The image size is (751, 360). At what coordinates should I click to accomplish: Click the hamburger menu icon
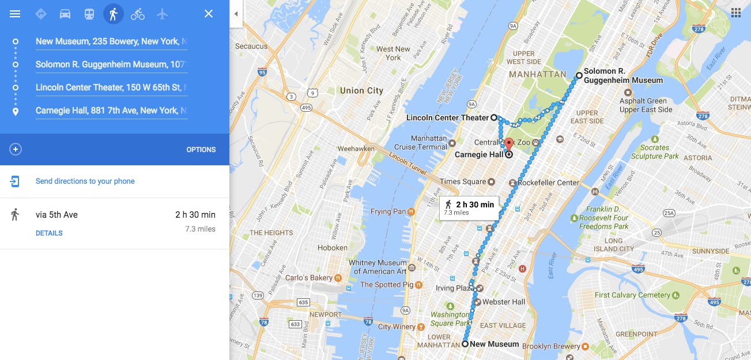pos(15,14)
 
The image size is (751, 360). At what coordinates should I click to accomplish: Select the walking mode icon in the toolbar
pos(113,14)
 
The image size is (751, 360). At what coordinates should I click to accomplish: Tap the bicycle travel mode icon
pos(138,14)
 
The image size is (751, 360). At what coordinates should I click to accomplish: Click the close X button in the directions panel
pos(209,14)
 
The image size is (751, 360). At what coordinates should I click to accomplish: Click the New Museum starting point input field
pos(111,41)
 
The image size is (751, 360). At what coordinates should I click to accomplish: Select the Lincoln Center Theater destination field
pos(111,88)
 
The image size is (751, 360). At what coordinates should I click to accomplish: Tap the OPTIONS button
pos(201,150)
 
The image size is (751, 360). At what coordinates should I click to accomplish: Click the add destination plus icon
pos(16,150)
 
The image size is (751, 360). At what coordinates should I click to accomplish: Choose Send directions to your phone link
pos(85,181)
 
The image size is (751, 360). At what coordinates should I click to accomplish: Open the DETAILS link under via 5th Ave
pos(49,233)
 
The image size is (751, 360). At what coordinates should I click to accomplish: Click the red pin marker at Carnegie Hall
pos(508,144)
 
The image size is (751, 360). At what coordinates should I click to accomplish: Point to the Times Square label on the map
pos(463,182)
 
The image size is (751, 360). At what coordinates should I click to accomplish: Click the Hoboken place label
pos(333,248)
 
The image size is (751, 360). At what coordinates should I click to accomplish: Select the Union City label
pos(361,90)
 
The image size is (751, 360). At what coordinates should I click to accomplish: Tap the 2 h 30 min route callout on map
pos(469,208)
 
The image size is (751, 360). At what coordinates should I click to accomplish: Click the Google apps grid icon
pos(735,13)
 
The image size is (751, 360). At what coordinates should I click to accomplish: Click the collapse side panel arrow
pos(236,14)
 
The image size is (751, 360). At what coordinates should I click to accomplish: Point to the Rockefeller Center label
pos(548,183)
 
